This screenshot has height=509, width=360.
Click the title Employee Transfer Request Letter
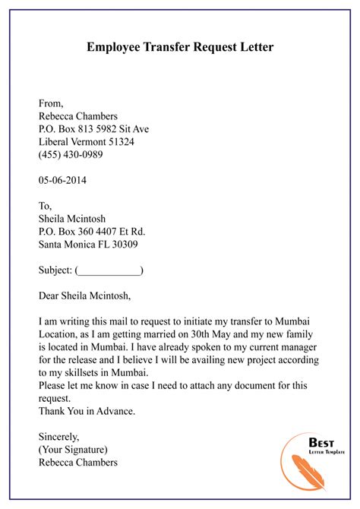click(180, 47)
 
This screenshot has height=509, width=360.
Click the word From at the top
click(50, 103)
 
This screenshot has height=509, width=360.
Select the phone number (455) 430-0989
click(71, 154)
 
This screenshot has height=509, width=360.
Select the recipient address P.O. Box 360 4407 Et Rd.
click(91, 231)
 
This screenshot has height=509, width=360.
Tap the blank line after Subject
click(109, 270)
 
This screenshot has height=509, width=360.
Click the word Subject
click(54, 270)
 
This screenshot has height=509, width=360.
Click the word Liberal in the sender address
click(55, 142)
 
